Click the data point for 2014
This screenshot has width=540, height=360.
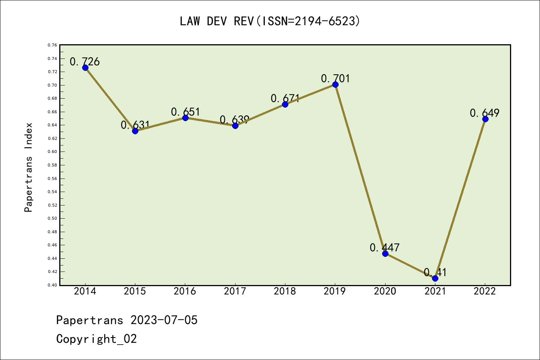tap(85, 67)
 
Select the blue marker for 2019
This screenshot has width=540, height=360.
tap(335, 84)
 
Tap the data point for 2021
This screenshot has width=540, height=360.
tap(435, 278)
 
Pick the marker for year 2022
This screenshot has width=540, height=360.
tap(485, 119)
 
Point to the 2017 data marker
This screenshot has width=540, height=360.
tap(235, 126)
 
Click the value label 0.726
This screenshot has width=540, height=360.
tap(85, 61)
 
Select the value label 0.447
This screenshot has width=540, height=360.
tap(385, 247)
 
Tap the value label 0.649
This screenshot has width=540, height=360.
tap(484, 113)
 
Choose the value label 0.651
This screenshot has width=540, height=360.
tap(186, 112)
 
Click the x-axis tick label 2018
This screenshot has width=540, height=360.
tap(285, 291)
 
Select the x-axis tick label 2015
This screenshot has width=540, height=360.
tap(135, 291)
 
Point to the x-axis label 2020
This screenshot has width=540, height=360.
tap(385, 291)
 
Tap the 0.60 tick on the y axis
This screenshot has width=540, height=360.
tap(52, 152)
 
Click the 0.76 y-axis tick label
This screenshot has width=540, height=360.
tap(52, 45)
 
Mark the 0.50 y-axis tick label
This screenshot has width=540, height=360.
tap(52, 219)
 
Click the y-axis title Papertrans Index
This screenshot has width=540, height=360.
tap(28, 167)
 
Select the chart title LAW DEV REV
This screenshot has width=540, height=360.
tap(270, 21)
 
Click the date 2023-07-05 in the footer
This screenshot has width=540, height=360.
tap(164, 320)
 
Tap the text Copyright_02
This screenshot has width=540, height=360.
tap(96, 339)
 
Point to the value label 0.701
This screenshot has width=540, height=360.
tap(335, 78)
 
